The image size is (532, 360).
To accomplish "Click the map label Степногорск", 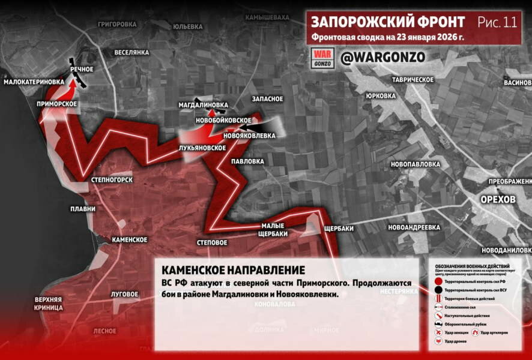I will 111,179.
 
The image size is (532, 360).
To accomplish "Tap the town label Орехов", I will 498,199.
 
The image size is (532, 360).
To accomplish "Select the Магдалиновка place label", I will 204,104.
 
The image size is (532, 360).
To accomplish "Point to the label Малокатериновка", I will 34,82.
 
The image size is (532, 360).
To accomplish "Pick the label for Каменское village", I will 129,239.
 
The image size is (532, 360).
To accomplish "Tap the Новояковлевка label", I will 249,136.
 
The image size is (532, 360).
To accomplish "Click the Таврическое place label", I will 413,80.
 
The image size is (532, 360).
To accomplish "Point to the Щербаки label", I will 338,229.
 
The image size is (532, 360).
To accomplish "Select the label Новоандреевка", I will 414,227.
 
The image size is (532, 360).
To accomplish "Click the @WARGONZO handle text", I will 382,57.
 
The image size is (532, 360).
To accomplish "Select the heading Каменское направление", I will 233,271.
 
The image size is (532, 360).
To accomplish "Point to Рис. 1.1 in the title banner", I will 497,23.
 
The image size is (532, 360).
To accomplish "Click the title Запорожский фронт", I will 387,22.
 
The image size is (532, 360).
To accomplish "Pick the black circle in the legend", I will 439,290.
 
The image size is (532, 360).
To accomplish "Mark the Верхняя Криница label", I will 49,303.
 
